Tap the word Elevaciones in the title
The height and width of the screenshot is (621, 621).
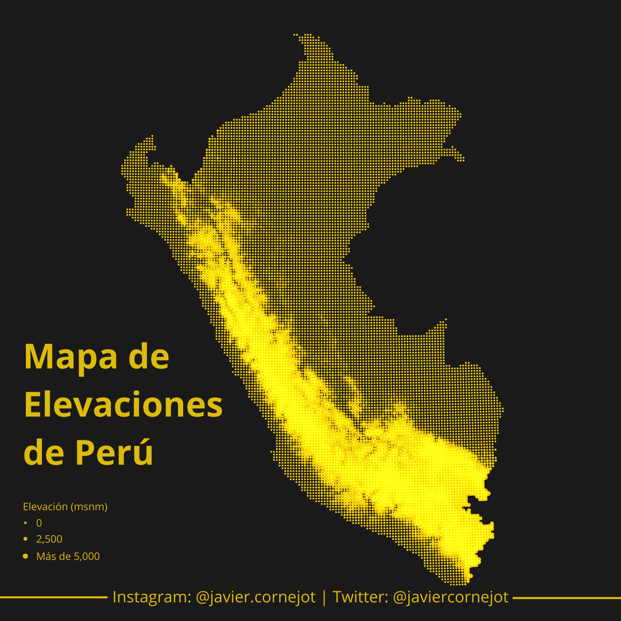point(123,405)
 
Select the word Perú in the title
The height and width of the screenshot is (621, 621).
point(114,452)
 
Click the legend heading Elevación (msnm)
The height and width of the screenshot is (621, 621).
point(65,507)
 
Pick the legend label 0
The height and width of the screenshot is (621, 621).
point(39,523)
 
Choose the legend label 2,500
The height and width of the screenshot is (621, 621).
point(49,539)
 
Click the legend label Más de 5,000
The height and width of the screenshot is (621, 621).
point(68,556)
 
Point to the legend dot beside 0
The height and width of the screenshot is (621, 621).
point(25,523)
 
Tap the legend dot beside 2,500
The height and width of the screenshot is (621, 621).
point(25,539)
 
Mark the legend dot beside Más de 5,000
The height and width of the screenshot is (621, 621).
point(25,556)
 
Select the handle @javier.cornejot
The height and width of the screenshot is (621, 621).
point(256,597)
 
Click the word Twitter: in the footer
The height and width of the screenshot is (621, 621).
point(360,597)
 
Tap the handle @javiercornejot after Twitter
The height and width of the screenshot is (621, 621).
point(451,597)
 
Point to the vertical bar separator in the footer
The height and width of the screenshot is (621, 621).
point(324,597)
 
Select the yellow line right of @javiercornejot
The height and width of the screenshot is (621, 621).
point(567,598)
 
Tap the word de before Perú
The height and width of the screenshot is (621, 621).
point(44,452)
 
